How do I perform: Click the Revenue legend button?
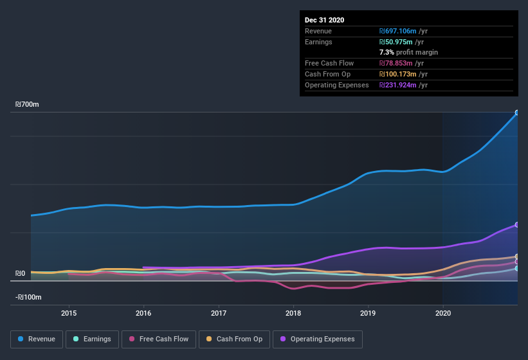[37, 339]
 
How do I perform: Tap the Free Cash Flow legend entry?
[159, 339]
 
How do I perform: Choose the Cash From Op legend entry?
[234, 339]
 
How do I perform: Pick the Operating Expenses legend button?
[317, 339]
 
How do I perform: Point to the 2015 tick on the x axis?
[69, 314]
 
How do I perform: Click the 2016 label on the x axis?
[143, 314]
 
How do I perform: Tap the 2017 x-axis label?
[219, 314]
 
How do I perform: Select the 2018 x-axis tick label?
[293, 314]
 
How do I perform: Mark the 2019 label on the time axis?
[368, 314]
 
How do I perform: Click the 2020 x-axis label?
[442, 314]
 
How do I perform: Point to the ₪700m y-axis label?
[28, 104]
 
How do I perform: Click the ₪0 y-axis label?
[21, 274]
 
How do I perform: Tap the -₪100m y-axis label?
[28, 297]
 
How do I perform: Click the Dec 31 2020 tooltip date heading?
[324, 20]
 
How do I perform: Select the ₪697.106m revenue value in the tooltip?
[403, 31]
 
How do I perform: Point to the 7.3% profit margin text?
[408, 52]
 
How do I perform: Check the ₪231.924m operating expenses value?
[403, 85]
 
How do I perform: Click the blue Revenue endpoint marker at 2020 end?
[517, 113]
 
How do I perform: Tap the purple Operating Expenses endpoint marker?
[517, 225]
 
